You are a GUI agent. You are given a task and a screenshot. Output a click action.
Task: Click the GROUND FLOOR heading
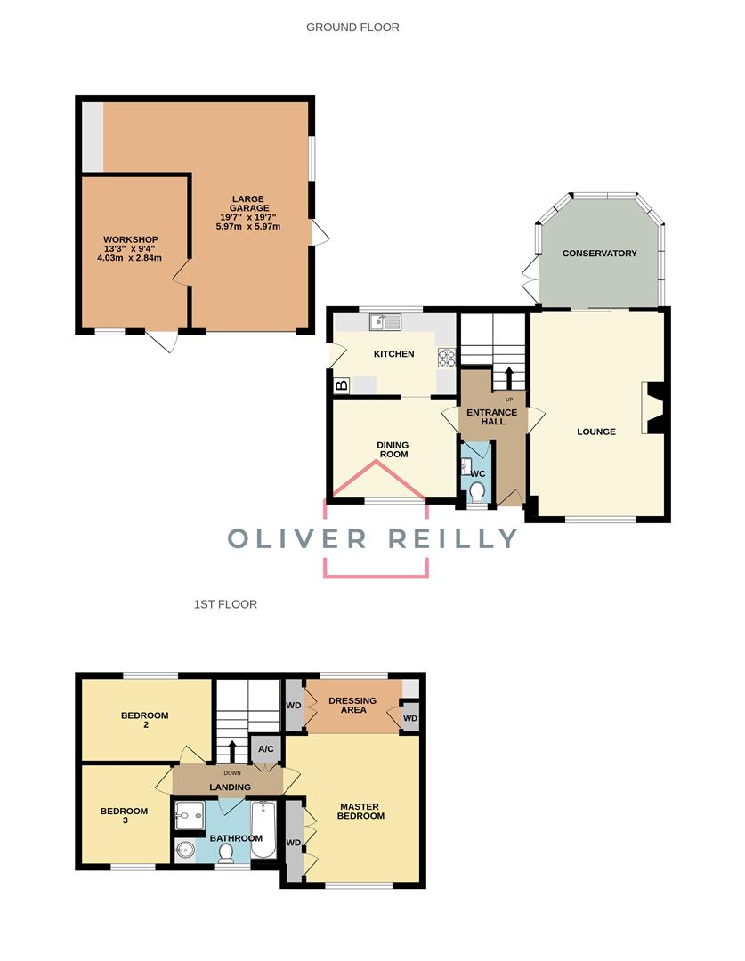[x=352, y=28]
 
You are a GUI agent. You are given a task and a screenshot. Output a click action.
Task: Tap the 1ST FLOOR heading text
[x=225, y=604]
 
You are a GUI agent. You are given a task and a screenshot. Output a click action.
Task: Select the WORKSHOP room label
[x=130, y=240]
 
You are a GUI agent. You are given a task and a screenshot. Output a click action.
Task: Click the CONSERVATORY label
[x=599, y=254]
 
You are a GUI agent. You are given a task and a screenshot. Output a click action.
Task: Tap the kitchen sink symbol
[x=385, y=321]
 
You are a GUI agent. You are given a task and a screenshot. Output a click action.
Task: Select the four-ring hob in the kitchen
[x=446, y=357]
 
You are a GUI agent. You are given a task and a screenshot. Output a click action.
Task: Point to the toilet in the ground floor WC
[x=477, y=492]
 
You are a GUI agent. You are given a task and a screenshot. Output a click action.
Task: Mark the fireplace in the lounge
[x=653, y=408]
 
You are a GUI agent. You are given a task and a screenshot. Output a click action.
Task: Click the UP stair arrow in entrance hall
[x=509, y=378]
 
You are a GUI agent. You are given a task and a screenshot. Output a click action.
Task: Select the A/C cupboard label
[x=265, y=749]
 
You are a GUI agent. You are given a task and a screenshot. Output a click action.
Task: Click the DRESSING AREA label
[x=352, y=705]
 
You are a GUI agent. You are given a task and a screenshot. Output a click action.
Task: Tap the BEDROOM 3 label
[x=118, y=816]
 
